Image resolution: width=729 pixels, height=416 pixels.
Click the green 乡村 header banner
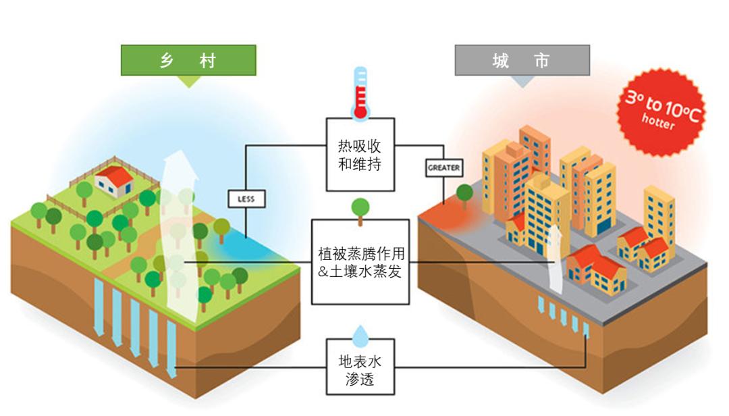point(188,60)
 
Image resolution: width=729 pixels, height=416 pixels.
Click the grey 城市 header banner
point(522,60)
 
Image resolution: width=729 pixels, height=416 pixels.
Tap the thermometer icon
point(360,94)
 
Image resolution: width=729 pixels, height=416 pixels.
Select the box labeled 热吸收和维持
point(359,155)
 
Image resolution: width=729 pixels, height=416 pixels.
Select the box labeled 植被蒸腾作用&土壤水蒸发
point(360,261)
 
